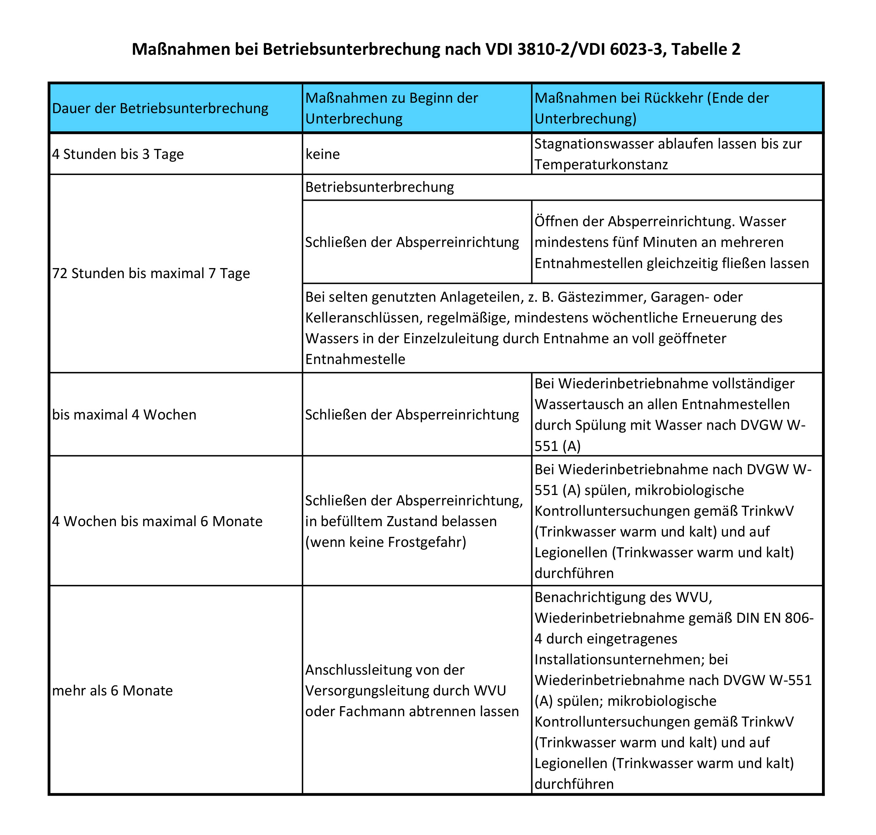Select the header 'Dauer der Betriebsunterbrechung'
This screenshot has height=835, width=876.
coord(160,108)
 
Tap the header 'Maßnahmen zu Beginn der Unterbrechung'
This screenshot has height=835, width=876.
coord(392,108)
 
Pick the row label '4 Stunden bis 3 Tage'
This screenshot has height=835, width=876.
coord(118,154)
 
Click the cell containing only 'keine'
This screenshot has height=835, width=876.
coord(323,154)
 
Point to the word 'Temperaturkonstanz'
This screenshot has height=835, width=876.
coord(601,165)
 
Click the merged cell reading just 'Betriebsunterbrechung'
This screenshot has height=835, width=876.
coord(380,187)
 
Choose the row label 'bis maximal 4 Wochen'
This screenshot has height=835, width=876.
coord(124,414)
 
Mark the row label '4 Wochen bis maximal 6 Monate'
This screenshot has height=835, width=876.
coord(157,521)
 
